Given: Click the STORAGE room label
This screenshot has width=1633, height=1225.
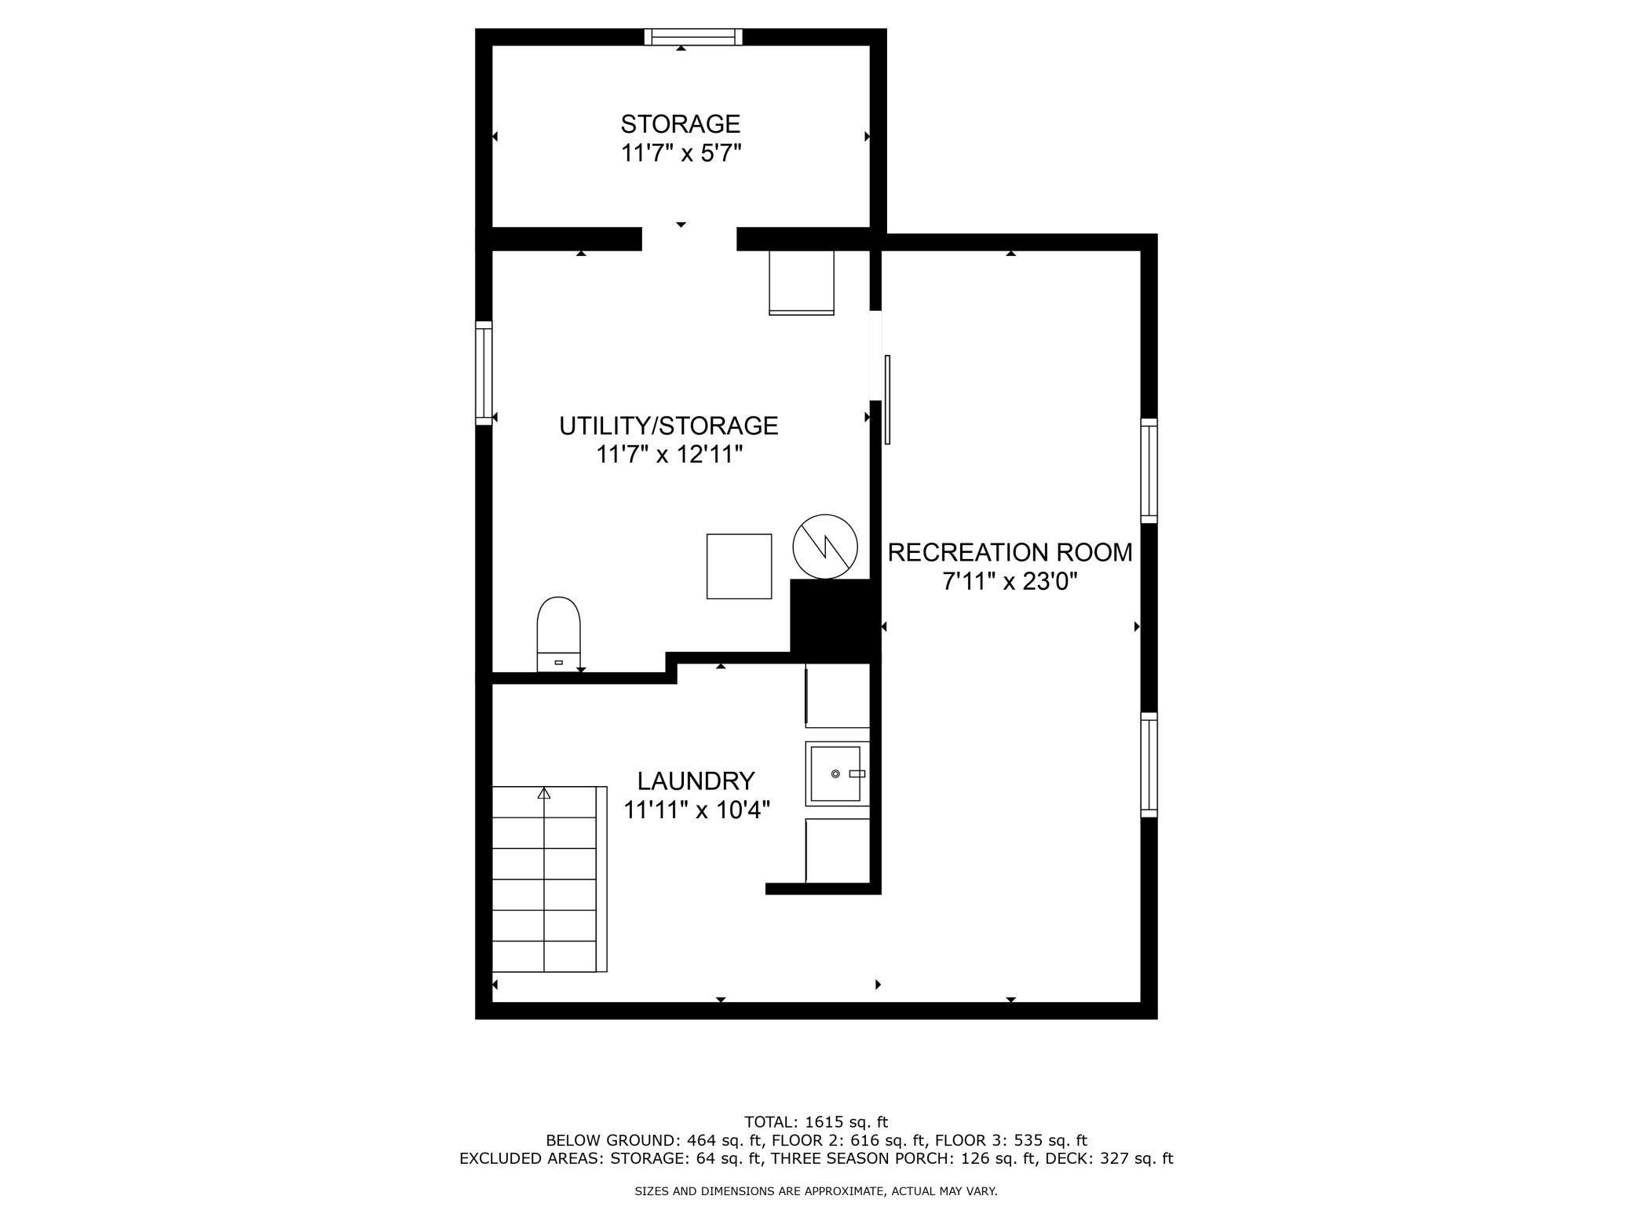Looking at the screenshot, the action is [x=681, y=124].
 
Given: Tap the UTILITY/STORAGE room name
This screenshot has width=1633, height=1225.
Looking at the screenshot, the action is [x=668, y=426].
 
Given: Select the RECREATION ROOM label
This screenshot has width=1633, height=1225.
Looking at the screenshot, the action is [x=1010, y=553].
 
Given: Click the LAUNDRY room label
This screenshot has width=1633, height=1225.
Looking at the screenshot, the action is [x=696, y=781].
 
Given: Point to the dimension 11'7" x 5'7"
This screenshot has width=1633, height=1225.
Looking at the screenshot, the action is [x=681, y=152].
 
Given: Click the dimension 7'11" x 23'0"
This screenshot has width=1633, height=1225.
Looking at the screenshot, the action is [x=1010, y=582].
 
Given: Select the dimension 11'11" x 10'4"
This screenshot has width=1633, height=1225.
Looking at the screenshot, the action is [x=696, y=810].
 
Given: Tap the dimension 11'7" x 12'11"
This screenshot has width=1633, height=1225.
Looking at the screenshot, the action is [x=669, y=455].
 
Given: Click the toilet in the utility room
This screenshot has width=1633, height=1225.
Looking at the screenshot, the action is [x=558, y=634].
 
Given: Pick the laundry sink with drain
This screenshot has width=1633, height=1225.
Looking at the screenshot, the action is [x=837, y=773].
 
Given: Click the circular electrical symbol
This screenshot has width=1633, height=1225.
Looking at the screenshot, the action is [x=825, y=547].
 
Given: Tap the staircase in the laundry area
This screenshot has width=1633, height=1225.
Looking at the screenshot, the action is [x=550, y=879].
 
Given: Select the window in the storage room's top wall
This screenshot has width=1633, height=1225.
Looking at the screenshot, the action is [x=693, y=37].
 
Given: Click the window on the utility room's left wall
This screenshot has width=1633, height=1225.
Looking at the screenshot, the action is [x=484, y=373].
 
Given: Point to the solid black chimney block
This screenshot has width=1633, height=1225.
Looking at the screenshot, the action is [x=835, y=620].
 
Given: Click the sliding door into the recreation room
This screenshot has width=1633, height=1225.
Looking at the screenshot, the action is [x=888, y=400].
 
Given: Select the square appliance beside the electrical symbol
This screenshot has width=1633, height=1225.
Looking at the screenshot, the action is [x=739, y=566].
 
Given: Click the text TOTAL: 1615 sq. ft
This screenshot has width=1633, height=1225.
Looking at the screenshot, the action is [x=816, y=1122].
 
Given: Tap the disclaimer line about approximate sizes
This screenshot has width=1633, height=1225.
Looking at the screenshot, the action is [x=816, y=1191].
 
